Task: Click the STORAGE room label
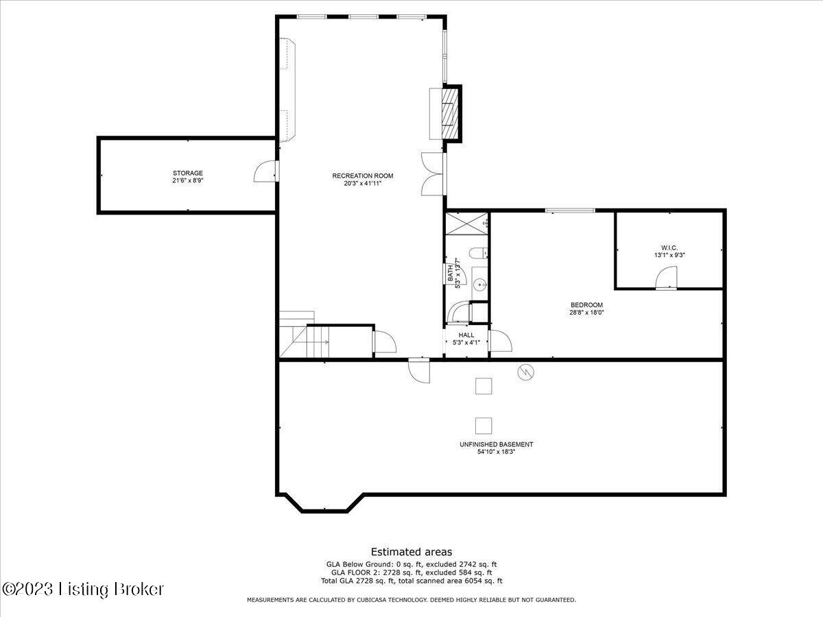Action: click(x=187, y=173)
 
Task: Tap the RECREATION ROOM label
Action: click(x=363, y=176)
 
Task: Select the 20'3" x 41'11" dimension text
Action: click(x=363, y=183)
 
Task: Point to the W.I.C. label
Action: click(x=669, y=247)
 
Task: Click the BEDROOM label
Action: click(x=586, y=305)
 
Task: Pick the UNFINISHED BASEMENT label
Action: click(x=496, y=444)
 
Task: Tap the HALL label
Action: click(x=466, y=335)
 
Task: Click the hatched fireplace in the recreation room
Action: click(x=451, y=114)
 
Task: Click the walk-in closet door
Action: click(x=666, y=278)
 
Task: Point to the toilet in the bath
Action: click(x=478, y=253)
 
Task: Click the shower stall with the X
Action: click(x=467, y=223)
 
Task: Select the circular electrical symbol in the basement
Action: click(x=525, y=372)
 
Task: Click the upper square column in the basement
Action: click(x=484, y=386)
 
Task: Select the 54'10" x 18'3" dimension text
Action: click(x=496, y=452)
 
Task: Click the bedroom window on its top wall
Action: click(x=570, y=210)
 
